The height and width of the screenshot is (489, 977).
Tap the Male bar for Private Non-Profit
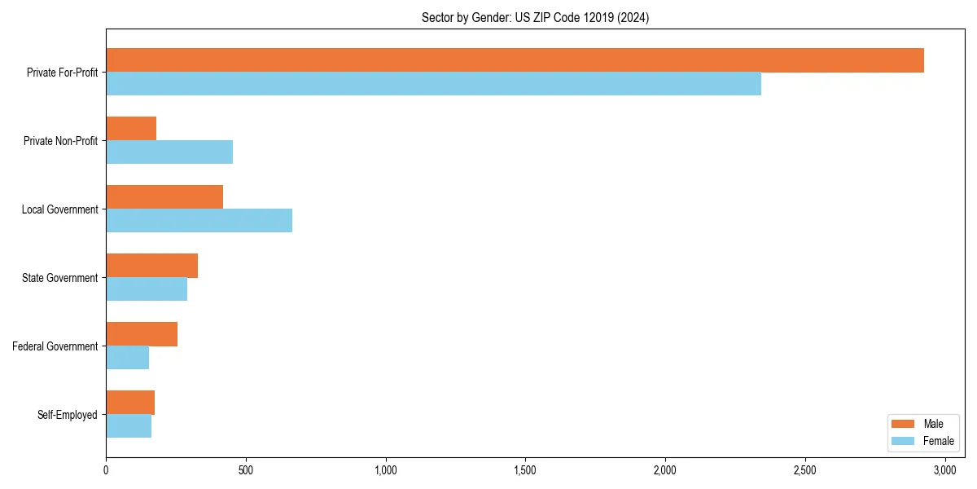(x=131, y=129)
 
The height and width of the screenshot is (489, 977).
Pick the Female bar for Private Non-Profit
(x=169, y=152)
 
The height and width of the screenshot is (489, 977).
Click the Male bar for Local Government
(x=164, y=197)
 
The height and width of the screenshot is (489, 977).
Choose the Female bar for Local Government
(x=199, y=221)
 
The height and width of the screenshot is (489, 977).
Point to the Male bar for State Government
(x=151, y=266)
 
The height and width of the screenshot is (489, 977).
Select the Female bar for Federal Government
(x=127, y=358)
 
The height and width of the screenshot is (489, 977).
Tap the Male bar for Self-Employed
(x=130, y=403)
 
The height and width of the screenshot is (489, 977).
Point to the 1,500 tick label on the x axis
(x=525, y=470)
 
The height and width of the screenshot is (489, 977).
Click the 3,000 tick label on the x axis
(x=944, y=470)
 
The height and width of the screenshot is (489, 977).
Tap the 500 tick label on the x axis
(x=246, y=470)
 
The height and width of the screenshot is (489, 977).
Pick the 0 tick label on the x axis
(x=106, y=470)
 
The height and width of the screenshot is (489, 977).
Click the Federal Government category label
(x=55, y=346)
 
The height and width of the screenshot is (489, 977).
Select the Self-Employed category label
(x=68, y=415)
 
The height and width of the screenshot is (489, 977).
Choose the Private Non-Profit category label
(x=62, y=141)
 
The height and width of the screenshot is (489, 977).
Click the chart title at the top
(x=535, y=17)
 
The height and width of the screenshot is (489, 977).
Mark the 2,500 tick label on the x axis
(x=805, y=470)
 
